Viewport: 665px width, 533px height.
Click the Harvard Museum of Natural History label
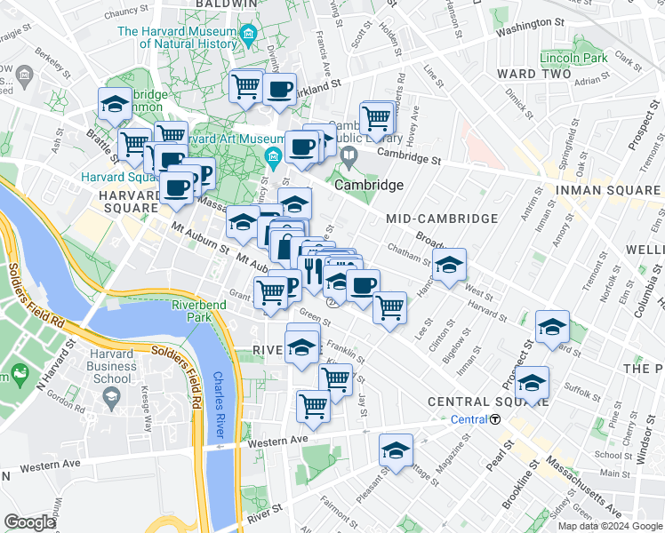coord(177,38)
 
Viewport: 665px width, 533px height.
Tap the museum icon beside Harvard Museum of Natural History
coord(248,36)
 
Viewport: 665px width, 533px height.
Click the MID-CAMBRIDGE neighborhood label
coord(442,219)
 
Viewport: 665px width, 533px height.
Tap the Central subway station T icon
coord(494,419)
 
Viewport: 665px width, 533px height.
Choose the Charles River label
coord(219,404)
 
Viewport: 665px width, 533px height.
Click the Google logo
coord(29,521)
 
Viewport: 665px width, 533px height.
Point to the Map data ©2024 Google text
coord(609,526)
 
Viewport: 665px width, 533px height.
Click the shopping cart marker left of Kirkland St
coord(245,87)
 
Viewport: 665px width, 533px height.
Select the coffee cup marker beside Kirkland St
coord(279,88)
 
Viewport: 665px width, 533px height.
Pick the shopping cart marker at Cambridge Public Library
coord(377,116)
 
